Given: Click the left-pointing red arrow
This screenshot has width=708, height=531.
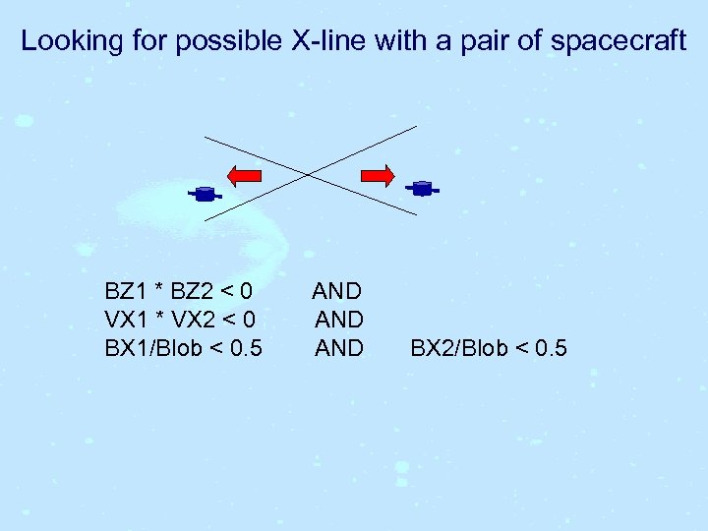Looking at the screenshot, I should [x=245, y=176].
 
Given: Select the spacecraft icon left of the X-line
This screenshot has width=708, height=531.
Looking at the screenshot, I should [x=205, y=194].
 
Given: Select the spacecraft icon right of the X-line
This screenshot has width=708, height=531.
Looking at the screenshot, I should [x=422, y=188].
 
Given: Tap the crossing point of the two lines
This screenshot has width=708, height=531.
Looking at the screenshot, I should [x=310, y=174].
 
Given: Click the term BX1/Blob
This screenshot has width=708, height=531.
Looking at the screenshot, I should [x=157, y=348].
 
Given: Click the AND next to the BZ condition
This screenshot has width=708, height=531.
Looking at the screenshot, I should [x=337, y=292].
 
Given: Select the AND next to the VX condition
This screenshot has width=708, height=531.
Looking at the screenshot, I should [x=339, y=320].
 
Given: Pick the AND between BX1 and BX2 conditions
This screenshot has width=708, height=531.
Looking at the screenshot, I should [x=339, y=348].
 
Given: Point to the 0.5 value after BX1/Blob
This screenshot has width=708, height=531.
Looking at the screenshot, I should [x=246, y=348].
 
